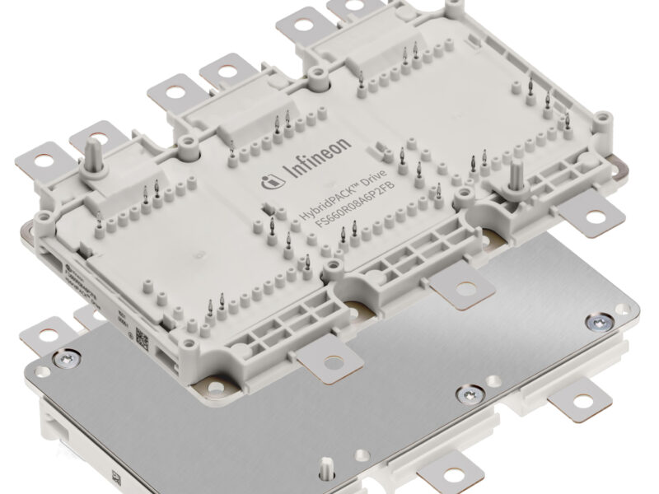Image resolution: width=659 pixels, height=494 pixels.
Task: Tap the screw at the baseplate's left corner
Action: [x=63, y=357]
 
